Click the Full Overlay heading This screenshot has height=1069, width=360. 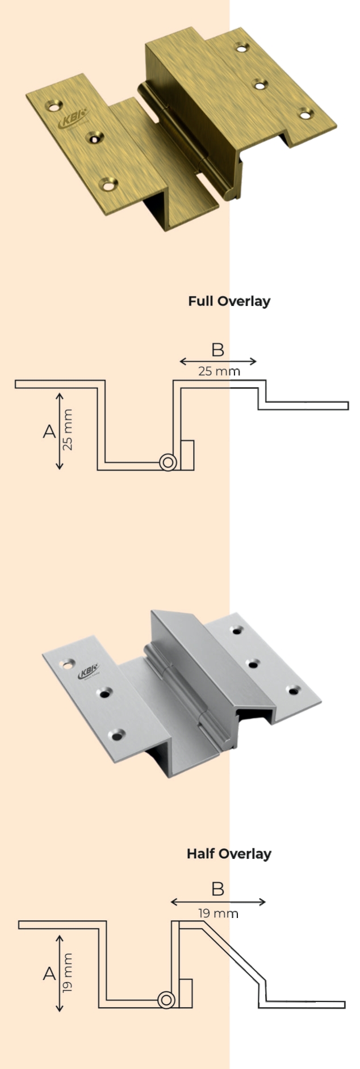(229, 301)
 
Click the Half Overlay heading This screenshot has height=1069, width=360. (229, 853)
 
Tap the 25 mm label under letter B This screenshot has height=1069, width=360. (219, 371)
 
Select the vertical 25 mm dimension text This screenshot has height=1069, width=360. (68, 430)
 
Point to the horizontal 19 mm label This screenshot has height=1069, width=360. (218, 913)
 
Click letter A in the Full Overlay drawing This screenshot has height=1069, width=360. (49, 431)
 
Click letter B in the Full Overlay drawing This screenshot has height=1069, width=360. (217, 350)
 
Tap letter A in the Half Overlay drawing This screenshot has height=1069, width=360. (49, 974)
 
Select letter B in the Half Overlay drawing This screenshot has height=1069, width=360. (217, 888)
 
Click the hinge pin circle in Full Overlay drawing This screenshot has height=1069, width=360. (168, 462)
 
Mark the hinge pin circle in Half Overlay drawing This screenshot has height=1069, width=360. (166, 1000)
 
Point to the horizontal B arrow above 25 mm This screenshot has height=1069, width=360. (218, 361)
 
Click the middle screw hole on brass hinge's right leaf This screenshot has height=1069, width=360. (259, 86)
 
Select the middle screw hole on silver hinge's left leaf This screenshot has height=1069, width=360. (104, 693)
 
